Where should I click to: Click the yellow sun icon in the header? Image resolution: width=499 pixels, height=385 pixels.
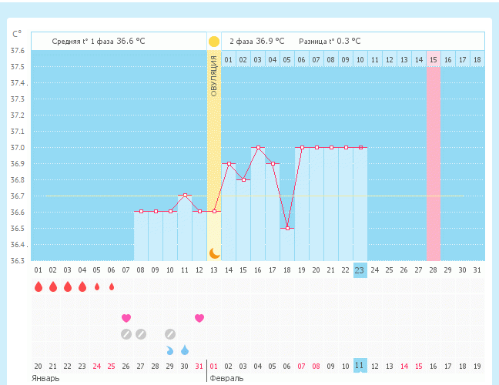click(x=214, y=42)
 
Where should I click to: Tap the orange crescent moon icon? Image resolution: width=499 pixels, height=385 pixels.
click(x=215, y=253)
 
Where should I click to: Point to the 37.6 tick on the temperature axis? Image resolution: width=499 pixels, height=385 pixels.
click(x=17, y=51)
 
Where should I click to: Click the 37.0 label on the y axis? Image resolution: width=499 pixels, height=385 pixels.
click(x=17, y=148)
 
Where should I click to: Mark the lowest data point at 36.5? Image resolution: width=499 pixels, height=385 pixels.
click(x=287, y=228)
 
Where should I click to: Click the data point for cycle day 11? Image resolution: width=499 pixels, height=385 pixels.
click(x=185, y=196)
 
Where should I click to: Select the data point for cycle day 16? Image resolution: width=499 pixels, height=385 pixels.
click(x=258, y=147)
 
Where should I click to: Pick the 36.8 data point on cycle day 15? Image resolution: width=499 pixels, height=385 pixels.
click(x=243, y=179)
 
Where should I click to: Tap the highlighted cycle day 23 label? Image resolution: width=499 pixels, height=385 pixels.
click(x=360, y=269)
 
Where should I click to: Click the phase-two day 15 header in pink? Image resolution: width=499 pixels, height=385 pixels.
click(x=434, y=59)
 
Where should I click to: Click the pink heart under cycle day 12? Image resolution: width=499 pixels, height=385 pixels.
click(x=199, y=318)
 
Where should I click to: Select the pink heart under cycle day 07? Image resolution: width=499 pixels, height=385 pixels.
click(x=126, y=318)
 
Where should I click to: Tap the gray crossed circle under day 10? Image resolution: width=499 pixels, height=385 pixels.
click(x=170, y=334)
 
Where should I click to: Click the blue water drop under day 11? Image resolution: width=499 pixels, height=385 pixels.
click(x=185, y=350)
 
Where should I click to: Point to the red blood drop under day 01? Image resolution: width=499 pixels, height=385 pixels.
click(x=38, y=287)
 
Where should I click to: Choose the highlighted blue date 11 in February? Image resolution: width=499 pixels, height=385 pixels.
click(x=360, y=366)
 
